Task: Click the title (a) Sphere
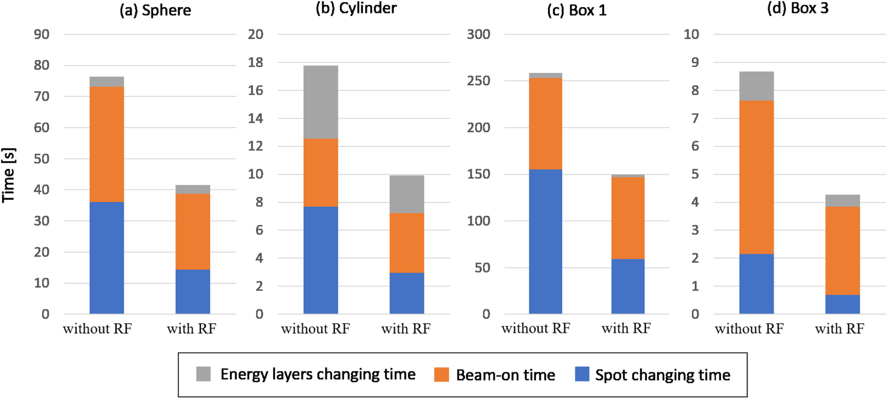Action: click(155, 10)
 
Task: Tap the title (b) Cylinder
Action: click(356, 8)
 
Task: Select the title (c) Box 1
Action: click(577, 10)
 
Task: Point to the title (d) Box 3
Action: click(798, 8)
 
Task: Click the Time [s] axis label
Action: click(9, 175)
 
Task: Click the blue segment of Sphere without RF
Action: click(107, 257)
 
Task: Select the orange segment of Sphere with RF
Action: click(193, 232)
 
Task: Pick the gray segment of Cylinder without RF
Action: click(321, 102)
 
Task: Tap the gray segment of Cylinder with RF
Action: click(407, 194)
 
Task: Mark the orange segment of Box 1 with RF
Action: click(628, 218)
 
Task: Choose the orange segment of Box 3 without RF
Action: click(757, 177)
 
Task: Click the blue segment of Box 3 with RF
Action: click(843, 304)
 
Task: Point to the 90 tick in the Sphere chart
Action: click(42, 34)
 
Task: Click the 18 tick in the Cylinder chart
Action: click(255, 62)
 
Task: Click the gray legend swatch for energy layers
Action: click(203, 374)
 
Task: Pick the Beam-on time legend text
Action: click(505, 375)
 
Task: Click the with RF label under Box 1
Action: click(626, 328)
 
